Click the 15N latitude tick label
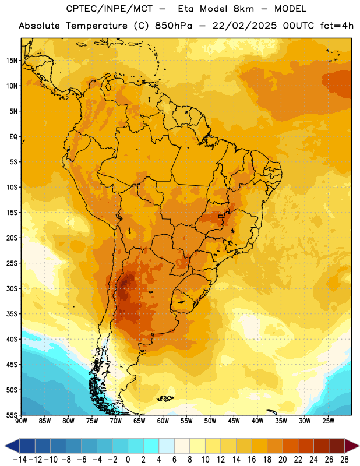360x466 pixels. pyautogui.click(x=12, y=61)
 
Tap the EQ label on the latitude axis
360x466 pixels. pyautogui.click(x=13, y=137)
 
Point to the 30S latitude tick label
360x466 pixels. pyautogui.click(x=12, y=288)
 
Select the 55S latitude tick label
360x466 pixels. pyautogui.click(x=12, y=415)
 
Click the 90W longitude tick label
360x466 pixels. pyautogui.click(x=21, y=421)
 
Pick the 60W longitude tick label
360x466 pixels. pyautogui.click(x=163, y=421)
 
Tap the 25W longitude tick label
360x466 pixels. pyautogui.click(x=328, y=421)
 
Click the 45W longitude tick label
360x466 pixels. pyautogui.click(x=234, y=421)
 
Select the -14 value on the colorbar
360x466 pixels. pyautogui.click(x=20, y=460)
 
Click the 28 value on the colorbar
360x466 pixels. pyautogui.click(x=344, y=460)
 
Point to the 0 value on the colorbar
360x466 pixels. pyautogui.click(x=128, y=460)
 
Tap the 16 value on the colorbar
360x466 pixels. pyautogui.click(x=252, y=460)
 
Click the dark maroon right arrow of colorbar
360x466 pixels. pyautogui.click(x=352, y=446)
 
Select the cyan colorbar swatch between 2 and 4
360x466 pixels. pyautogui.click(x=151, y=446)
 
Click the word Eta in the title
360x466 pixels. pyautogui.click(x=186, y=9)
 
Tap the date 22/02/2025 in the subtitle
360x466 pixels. pyautogui.click(x=244, y=26)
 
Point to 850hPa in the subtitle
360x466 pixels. pyautogui.click(x=174, y=26)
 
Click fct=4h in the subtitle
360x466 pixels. pyautogui.click(x=337, y=26)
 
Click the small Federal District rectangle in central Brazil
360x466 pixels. pyautogui.click(x=221, y=216)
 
